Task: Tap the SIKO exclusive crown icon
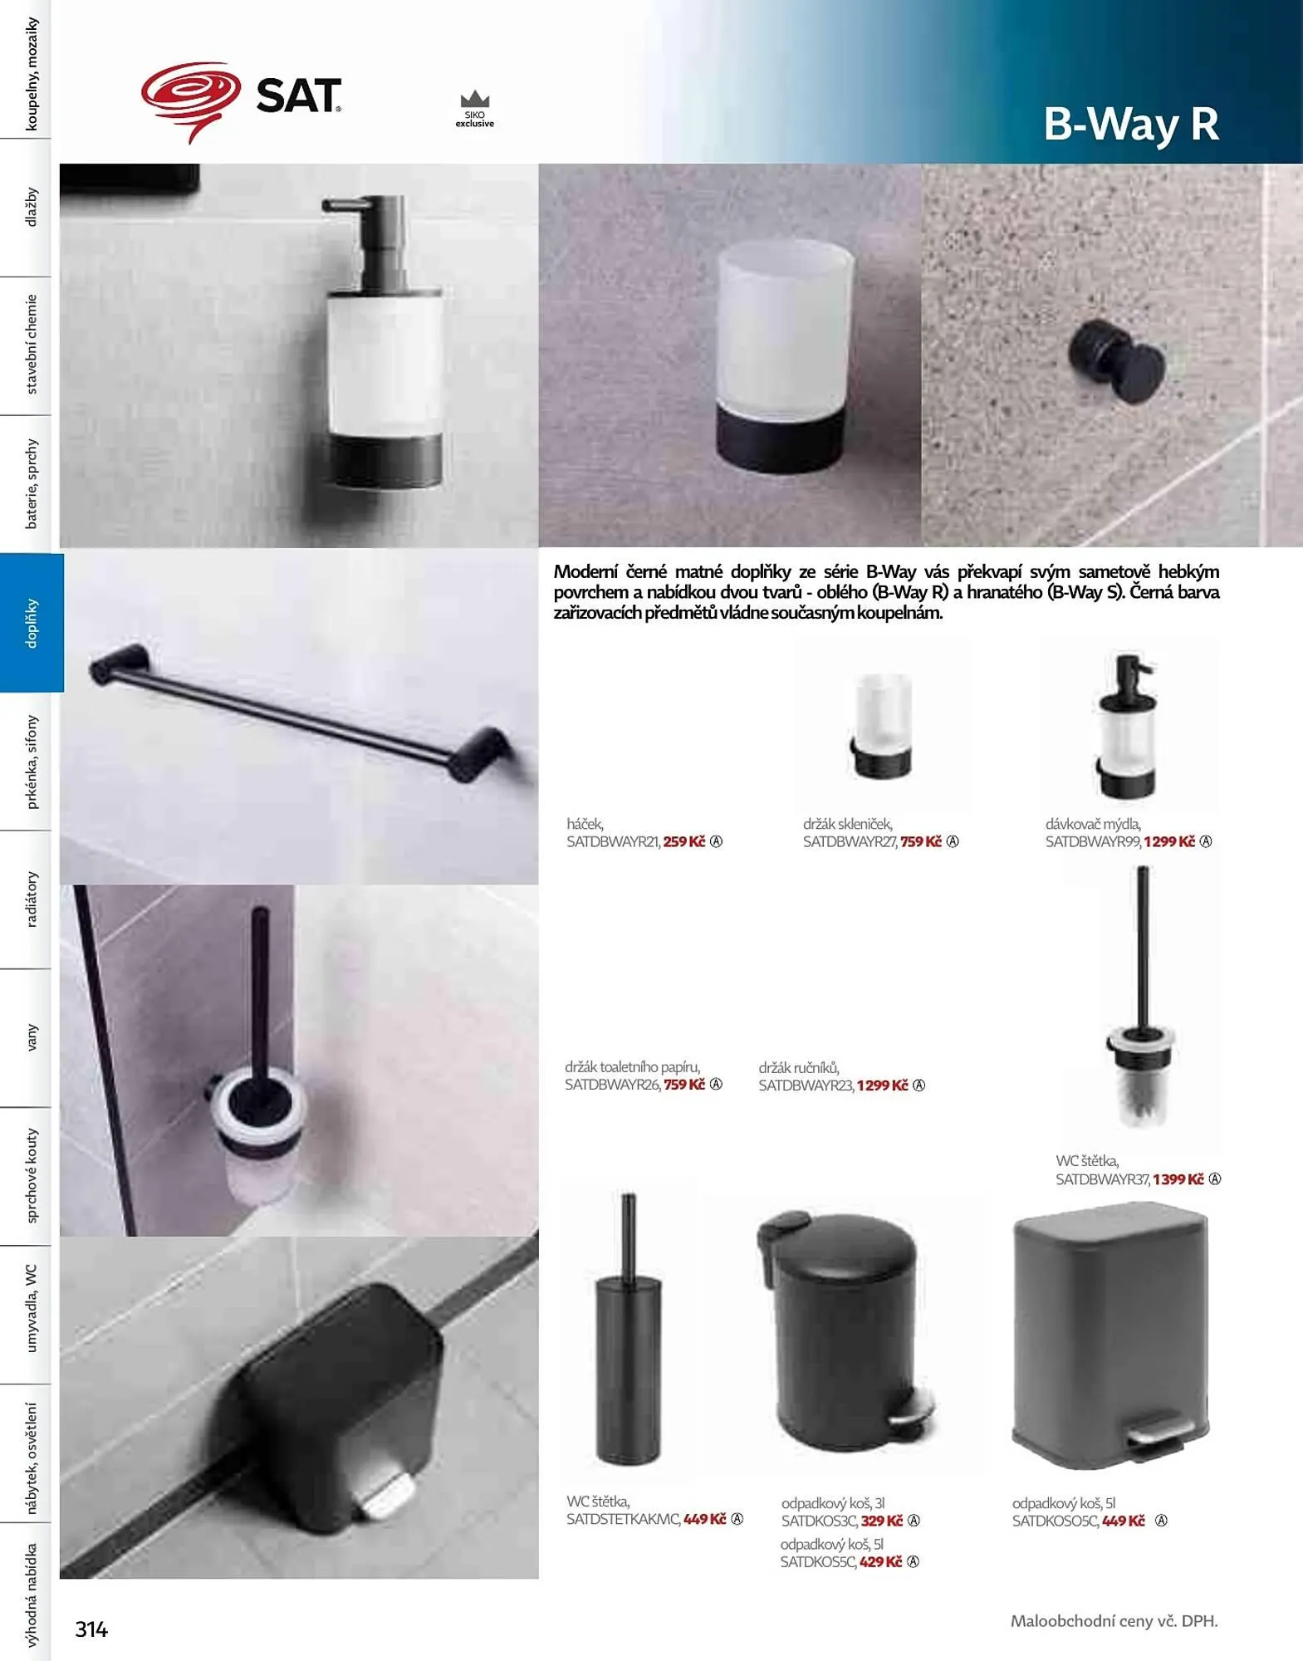pyautogui.click(x=475, y=100)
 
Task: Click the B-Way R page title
pyautogui.click(x=1131, y=124)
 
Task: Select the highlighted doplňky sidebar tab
pyautogui.click(x=32, y=622)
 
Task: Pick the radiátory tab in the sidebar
pyautogui.click(x=32, y=899)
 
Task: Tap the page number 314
pyautogui.click(x=91, y=1629)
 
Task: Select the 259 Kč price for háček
pyautogui.click(x=684, y=841)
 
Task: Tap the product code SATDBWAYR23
pyautogui.click(x=806, y=1085)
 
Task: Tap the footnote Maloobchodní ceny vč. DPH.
pyautogui.click(x=1114, y=1620)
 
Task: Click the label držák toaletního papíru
pyautogui.click(x=633, y=1067)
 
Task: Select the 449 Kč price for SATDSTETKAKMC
pyautogui.click(x=705, y=1519)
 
